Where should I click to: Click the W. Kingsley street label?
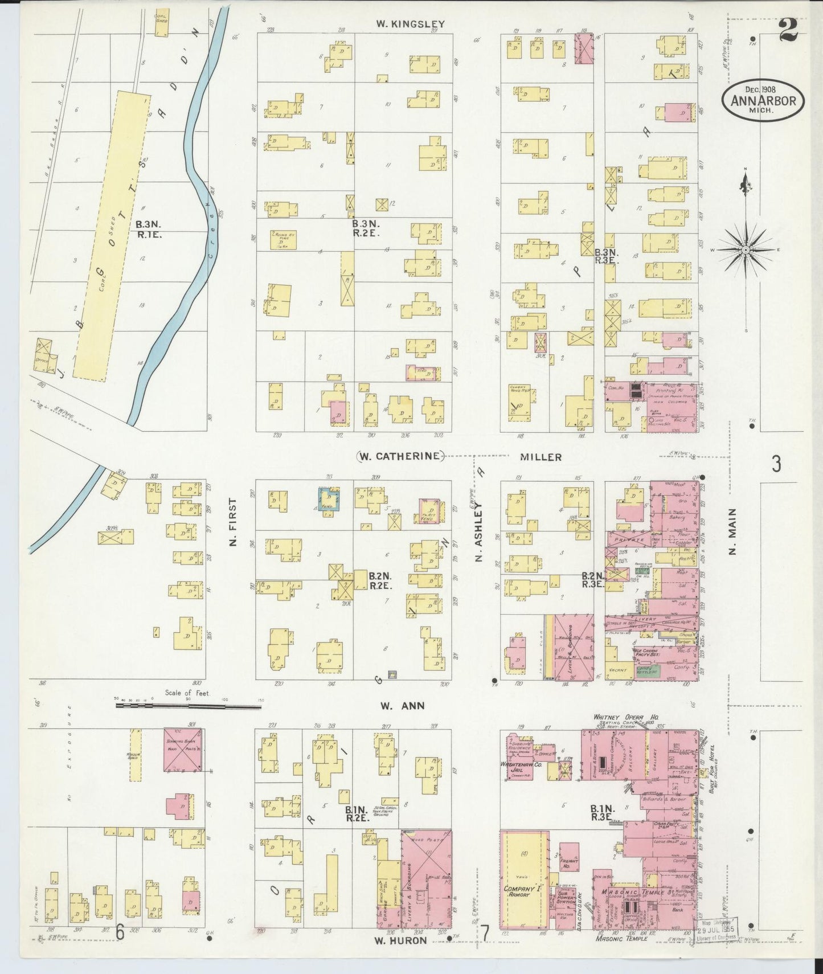coord(410,24)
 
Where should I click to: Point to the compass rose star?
coord(745,249)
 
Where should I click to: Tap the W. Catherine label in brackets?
coord(400,456)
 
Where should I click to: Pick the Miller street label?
coord(541,457)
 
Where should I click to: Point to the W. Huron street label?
coord(400,940)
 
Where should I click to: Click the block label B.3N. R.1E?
coord(149,229)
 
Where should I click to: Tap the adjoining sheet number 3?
coord(776,465)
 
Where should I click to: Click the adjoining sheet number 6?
coord(120,932)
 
